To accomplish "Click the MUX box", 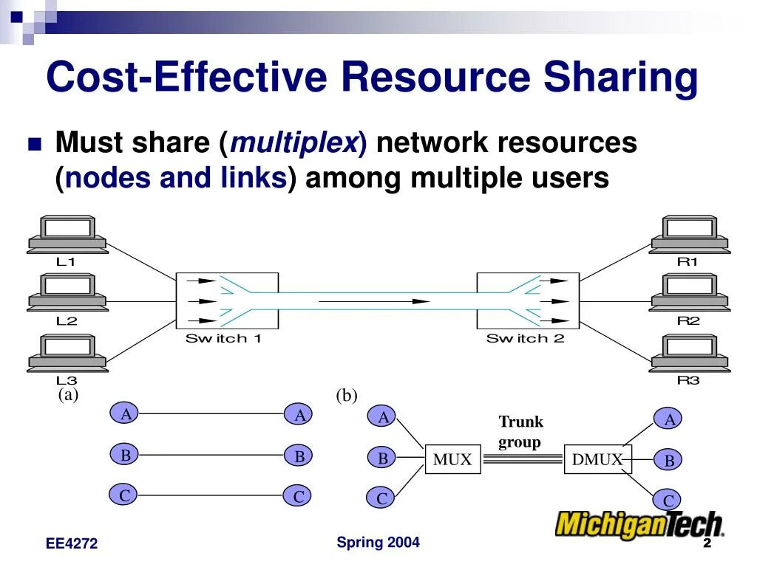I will point(452,459).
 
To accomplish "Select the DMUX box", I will point(597,459).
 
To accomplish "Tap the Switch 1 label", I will point(223,339).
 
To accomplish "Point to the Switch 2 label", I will point(525,339).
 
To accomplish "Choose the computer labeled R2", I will point(689,294).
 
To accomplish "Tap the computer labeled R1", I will point(689,235).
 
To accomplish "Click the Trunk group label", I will point(520,432).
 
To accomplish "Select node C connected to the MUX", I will point(382,498).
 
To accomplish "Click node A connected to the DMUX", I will point(670,419).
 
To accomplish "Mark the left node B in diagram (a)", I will point(126,455).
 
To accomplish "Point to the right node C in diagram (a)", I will point(299,496).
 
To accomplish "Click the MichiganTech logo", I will point(639,524).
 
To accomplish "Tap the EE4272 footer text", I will point(72,544).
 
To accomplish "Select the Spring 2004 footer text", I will point(378,543).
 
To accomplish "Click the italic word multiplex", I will point(295,142).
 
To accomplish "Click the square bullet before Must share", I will point(34,144).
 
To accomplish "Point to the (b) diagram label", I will point(346,396).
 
